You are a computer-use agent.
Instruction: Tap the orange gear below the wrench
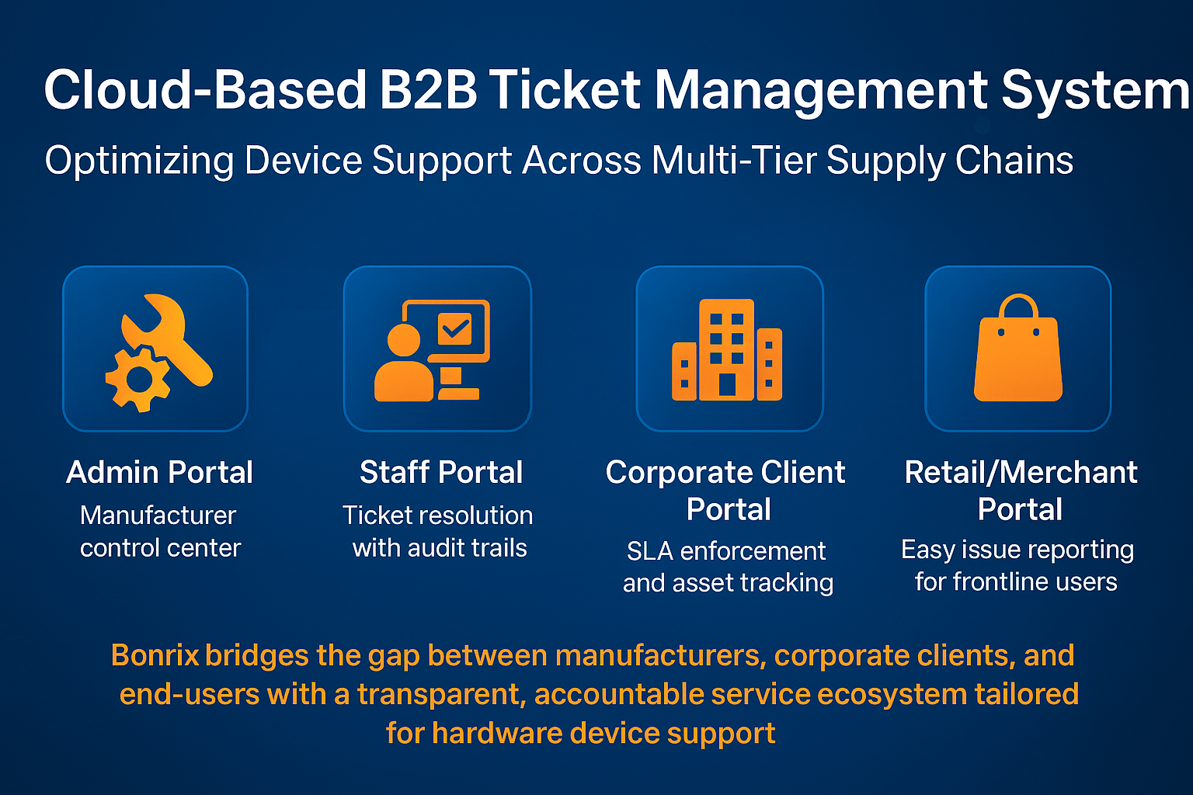tap(138, 379)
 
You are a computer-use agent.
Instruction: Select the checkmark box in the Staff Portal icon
tap(454, 328)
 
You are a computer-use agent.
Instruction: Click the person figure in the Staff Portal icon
tap(404, 365)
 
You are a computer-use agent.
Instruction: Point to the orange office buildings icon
tap(727, 350)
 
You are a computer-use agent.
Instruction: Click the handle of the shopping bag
tap(1018, 307)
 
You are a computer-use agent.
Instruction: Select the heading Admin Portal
tap(160, 472)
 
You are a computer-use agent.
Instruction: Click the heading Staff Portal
tap(441, 472)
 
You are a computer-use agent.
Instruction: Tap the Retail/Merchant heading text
tap(1021, 472)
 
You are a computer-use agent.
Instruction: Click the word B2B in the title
tap(428, 89)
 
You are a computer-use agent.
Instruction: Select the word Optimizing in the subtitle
tap(139, 161)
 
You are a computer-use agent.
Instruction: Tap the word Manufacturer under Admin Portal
tap(158, 516)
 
